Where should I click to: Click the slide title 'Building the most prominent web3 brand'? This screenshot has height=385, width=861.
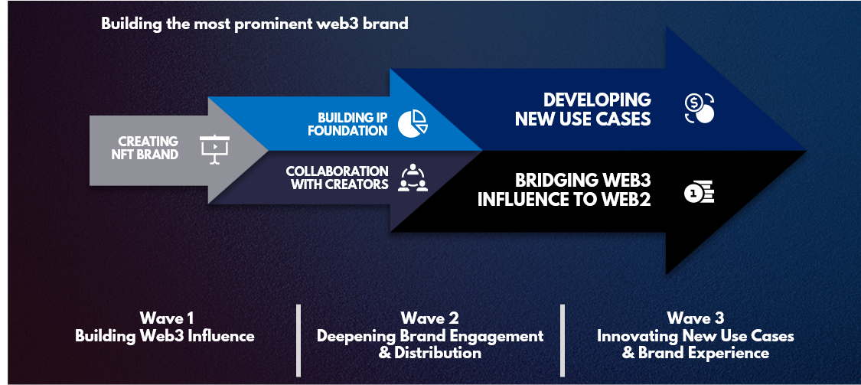[255, 24]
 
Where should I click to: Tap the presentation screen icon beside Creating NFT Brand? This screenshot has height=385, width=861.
[215, 148]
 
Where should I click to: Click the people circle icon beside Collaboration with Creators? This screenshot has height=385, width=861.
[413, 177]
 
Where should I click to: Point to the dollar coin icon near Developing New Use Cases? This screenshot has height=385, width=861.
[700, 109]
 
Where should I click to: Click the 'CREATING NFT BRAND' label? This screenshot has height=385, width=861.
[148, 148]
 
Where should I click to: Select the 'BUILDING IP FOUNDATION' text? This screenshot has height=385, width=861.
[347, 124]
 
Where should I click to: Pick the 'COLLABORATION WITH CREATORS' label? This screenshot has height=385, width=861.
[337, 178]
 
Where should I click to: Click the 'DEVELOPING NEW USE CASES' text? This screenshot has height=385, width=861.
[583, 109]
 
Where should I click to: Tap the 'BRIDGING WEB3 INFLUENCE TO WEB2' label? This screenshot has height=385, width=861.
[564, 191]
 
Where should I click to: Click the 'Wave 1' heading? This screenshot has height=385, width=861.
[165, 318]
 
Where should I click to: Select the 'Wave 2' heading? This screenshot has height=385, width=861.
[429, 318]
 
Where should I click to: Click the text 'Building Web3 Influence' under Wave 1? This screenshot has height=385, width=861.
[165, 336]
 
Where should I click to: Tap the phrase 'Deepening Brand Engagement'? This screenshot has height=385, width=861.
[430, 336]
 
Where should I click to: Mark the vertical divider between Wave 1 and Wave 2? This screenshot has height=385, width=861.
[298, 339]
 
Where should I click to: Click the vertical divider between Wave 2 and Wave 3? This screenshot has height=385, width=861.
[563, 339]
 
